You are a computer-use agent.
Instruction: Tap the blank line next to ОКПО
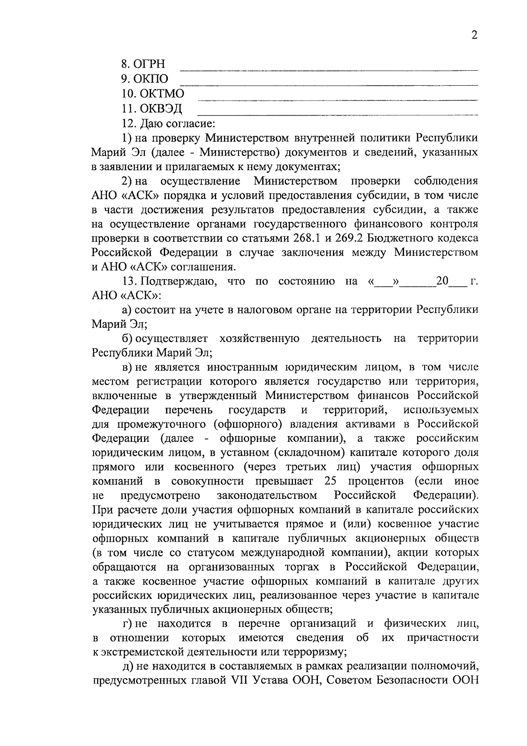329,84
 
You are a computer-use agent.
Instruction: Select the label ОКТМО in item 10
162,94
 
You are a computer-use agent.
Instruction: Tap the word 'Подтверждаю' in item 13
177,281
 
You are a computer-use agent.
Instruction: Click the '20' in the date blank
442,281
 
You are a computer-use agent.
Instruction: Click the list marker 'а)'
128,310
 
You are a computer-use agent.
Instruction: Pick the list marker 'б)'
128,338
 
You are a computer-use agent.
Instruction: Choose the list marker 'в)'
128,368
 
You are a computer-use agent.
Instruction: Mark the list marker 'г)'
128,624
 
